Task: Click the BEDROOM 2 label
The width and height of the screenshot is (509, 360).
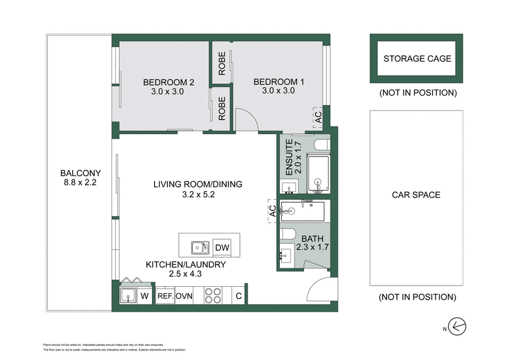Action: (168, 82)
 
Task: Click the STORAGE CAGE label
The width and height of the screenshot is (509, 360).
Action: (417, 59)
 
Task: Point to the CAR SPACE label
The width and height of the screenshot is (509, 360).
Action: (416, 195)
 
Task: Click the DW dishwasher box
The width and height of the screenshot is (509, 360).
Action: (222, 247)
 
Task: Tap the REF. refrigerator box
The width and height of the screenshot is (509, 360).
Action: (165, 296)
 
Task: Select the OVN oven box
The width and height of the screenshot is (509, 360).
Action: (185, 296)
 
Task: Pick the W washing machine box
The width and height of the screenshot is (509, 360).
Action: (145, 296)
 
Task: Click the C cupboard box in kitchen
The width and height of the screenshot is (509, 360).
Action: (239, 296)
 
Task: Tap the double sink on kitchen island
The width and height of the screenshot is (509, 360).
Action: (199, 247)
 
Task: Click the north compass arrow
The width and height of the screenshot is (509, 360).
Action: (457, 327)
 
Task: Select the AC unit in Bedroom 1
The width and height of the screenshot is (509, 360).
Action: (318, 117)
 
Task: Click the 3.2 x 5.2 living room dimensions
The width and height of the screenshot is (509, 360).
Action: (198, 195)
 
